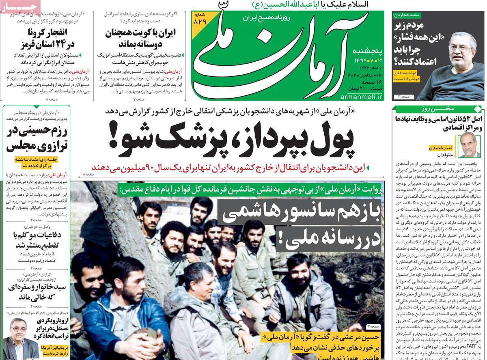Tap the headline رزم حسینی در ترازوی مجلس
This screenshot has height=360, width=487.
pos(36,138)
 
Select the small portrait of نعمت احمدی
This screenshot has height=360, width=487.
pos(470,145)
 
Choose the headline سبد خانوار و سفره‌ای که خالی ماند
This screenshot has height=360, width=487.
pos(36,292)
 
